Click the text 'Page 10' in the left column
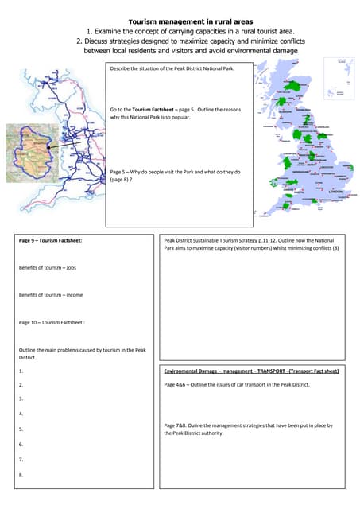coord(29,322)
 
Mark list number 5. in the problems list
coord(21,429)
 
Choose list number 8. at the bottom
coord(21,475)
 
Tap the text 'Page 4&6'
coord(176,385)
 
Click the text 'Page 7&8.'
coord(177,425)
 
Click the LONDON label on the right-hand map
coord(335,192)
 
